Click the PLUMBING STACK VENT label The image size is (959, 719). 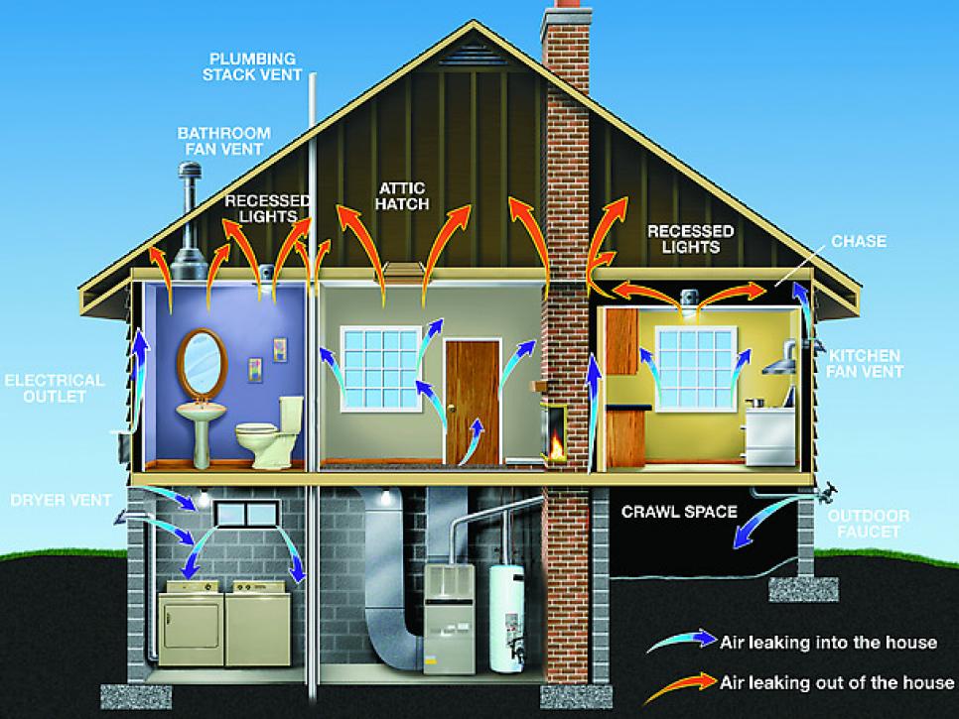tap(252, 66)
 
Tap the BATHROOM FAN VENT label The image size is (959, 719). tap(223, 141)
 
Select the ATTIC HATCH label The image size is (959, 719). tap(402, 196)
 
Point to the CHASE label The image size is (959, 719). tap(859, 241)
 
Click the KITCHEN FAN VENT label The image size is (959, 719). tap(865, 364)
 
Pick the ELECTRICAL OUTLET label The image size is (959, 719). tap(55, 389)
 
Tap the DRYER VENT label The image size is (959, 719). tap(62, 500)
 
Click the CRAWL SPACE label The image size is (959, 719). tap(679, 512)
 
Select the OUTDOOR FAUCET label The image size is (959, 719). tap(869, 524)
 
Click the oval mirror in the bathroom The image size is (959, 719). tap(203, 362)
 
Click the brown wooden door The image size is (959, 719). tap(473, 402)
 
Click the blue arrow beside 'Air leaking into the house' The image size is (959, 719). tap(682, 641)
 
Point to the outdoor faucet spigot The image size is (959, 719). tap(826, 491)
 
